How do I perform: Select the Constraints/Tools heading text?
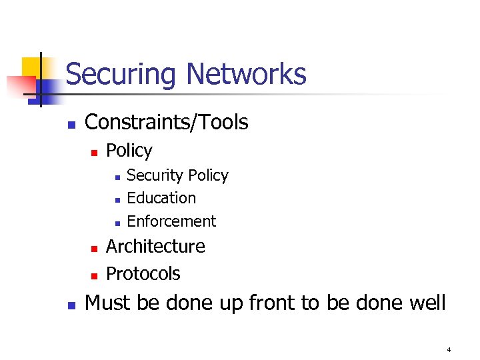[167, 122]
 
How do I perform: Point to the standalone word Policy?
[129, 151]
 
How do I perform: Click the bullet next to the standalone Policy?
[95, 153]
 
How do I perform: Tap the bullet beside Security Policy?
[116, 177]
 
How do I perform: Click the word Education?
[161, 198]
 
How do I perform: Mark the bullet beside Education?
[116, 200]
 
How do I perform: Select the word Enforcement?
[171, 221]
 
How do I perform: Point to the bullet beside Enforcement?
[116, 223]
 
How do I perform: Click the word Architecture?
[155, 246]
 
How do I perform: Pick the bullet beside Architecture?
[95, 248]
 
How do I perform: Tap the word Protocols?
[143, 273]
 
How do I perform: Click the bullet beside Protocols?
[95, 275]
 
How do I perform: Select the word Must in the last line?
[108, 303]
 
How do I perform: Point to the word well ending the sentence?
[427, 303]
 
